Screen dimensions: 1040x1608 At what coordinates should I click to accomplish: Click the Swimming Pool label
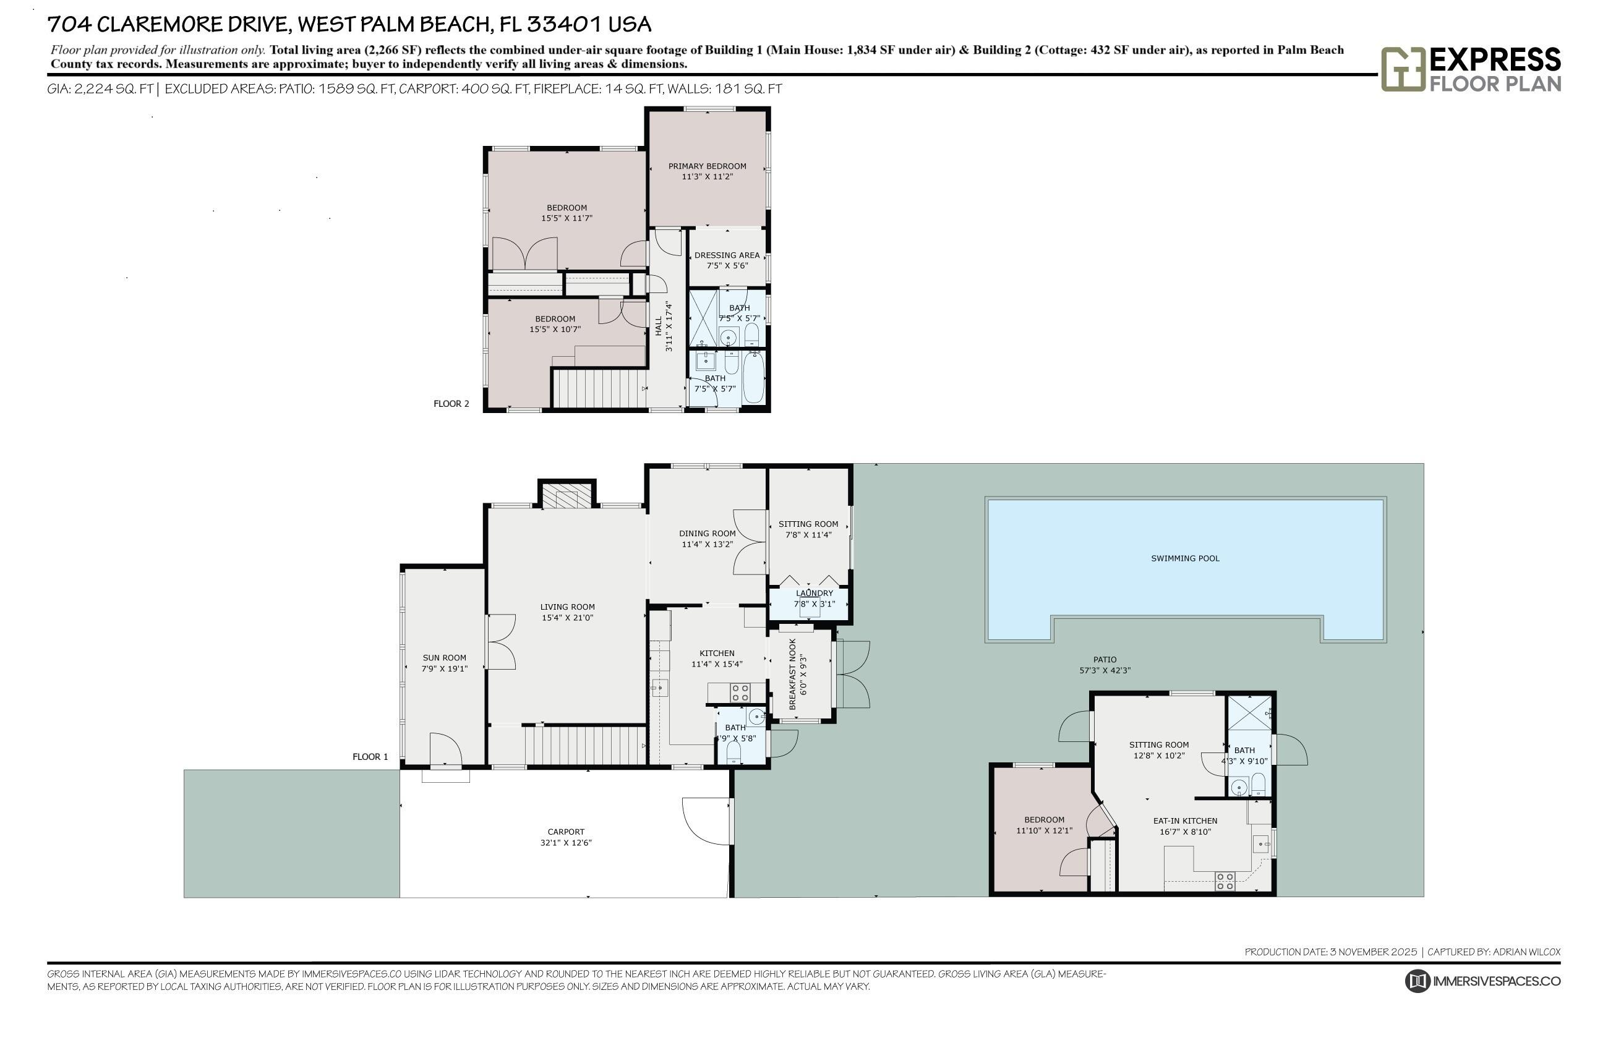(1184, 558)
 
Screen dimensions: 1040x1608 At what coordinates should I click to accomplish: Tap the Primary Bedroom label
(707, 166)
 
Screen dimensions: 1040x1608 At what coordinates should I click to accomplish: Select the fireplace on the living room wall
(567, 496)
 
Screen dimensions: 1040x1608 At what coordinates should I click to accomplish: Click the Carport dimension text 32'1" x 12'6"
(566, 843)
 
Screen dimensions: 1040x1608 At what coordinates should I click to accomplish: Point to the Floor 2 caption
(451, 404)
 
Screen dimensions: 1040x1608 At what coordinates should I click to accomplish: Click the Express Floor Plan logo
(1470, 69)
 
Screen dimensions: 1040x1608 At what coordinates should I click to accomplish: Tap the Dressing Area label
(727, 255)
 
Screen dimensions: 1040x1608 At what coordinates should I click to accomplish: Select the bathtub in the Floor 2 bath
(753, 377)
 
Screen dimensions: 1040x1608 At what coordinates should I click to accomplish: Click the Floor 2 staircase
(597, 388)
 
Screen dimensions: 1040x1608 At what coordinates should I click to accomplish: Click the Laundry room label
(814, 593)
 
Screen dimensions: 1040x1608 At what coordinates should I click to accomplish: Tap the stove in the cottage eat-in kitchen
(1225, 881)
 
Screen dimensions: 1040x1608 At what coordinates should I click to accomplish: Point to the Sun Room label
(445, 658)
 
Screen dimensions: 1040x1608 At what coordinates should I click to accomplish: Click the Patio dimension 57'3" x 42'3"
(1105, 671)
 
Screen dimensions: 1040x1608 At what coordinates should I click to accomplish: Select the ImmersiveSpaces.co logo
(1482, 981)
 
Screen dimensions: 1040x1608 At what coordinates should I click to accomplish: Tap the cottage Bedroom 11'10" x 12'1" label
(1044, 820)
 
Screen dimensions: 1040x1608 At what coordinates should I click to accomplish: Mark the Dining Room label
(707, 534)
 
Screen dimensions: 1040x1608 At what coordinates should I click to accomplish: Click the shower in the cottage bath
(1249, 713)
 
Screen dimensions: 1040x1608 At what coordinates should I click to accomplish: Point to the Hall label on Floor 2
(659, 326)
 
